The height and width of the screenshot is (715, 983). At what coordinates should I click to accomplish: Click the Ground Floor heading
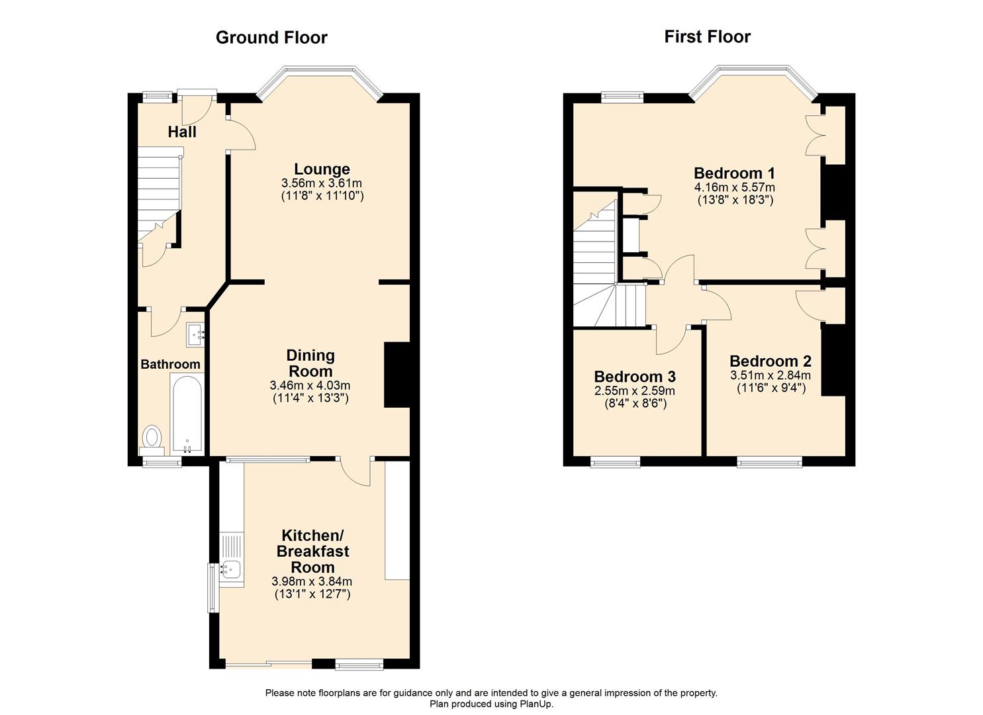point(271,38)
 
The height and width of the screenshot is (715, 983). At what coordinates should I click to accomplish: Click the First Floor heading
point(707,36)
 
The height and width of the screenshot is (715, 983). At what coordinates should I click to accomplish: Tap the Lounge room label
point(322,169)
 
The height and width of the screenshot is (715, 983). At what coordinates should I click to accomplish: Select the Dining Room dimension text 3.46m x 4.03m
point(310,385)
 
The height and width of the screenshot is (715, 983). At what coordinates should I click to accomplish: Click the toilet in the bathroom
point(153,438)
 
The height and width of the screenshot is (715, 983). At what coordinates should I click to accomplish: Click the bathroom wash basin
point(196,335)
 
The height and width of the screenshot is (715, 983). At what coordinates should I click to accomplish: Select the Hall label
point(182,132)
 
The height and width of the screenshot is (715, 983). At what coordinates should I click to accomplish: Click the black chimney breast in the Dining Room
point(397,375)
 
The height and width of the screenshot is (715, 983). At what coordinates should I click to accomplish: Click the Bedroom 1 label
point(734,173)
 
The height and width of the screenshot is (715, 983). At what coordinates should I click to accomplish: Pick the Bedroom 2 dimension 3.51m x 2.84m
point(771,375)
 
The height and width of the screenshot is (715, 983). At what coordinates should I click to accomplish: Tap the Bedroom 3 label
point(635,377)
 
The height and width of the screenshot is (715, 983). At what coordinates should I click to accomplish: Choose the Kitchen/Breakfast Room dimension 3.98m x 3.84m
point(312,581)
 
